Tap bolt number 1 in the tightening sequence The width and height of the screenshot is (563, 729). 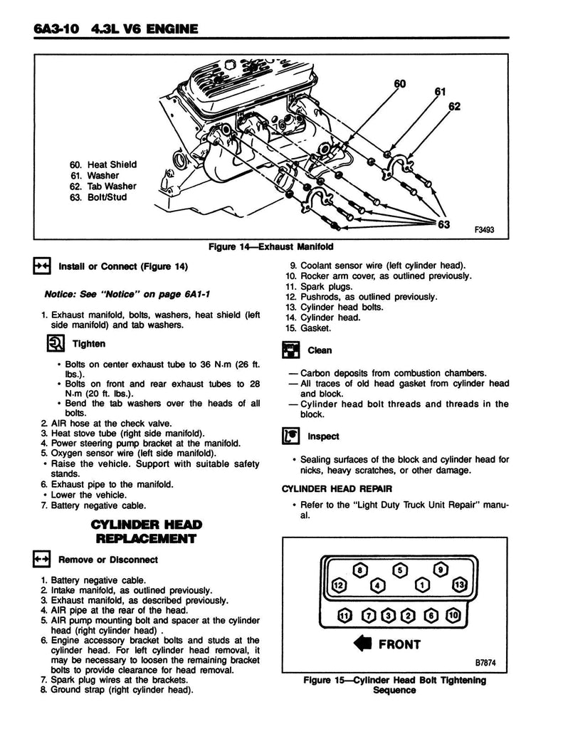tap(422, 585)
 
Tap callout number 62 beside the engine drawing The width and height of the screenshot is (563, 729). tap(455, 107)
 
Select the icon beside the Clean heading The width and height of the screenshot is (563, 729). tap(290, 350)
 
